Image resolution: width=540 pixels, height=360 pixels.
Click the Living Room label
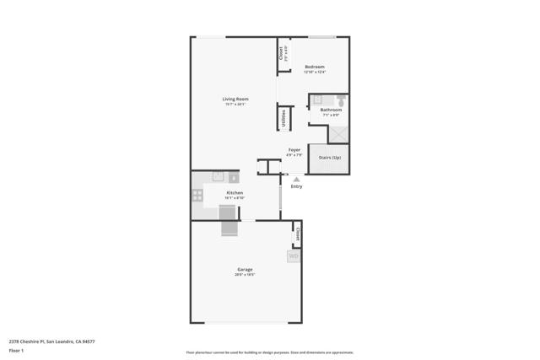click(x=235, y=99)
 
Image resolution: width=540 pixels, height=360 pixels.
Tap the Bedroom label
click(x=315, y=67)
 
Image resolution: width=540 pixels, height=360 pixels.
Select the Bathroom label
click(x=331, y=110)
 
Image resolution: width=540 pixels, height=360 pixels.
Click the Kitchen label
click(x=235, y=193)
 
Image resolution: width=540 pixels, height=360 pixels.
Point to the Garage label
click(x=244, y=270)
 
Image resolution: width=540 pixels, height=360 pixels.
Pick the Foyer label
click(x=294, y=150)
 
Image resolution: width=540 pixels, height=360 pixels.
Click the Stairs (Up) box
click(x=329, y=159)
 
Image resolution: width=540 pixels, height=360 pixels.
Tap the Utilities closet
click(x=283, y=118)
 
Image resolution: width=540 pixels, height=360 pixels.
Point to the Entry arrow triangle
click(x=296, y=179)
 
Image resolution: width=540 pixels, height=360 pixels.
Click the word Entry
click(x=296, y=186)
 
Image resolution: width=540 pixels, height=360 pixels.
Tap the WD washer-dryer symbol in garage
click(x=294, y=256)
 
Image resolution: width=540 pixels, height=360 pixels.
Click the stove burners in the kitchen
click(x=197, y=196)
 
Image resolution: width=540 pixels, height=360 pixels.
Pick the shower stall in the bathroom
click(x=339, y=134)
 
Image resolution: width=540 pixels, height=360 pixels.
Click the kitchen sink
click(x=219, y=177)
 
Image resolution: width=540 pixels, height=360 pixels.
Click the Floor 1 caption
click(x=16, y=350)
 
